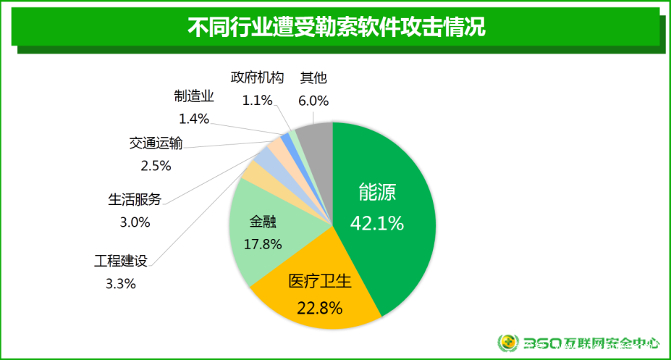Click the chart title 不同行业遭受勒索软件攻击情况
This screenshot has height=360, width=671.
pos(336,27)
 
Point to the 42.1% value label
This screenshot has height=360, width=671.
pos(376,223)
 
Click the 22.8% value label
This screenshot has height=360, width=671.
pos(319,308)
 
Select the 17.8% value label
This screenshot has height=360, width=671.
pos(262,244)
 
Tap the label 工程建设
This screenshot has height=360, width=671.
pos(121,259)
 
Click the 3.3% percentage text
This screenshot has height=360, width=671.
pos(121,283)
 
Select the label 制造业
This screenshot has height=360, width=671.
pos(194,96)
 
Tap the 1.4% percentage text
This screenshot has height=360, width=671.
pos(194,118)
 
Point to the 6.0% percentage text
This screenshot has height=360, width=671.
pos(314,100)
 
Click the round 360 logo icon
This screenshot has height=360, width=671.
pos(509,343)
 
